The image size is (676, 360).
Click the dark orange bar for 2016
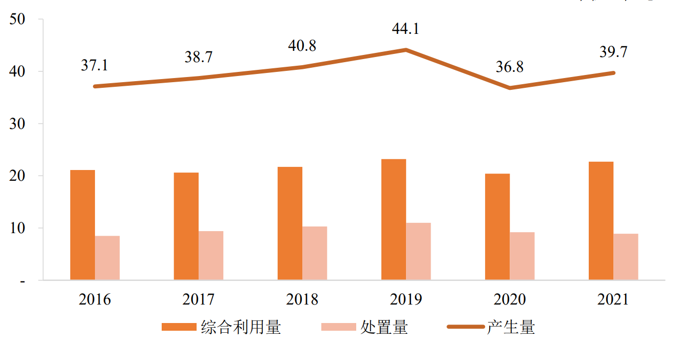tap(83, 225)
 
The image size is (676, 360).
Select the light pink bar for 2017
tap(211, 255)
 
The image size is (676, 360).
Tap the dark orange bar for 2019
tap(394, 219)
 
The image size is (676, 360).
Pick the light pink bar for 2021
tap(626, 257)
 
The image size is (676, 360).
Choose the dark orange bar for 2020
tap(497, 226)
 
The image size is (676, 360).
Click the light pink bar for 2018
tap(315, 253)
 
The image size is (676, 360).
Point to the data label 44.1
tap(405, 29)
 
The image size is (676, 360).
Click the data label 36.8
tap(509, 67)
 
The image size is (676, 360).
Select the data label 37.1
tap(94, 65)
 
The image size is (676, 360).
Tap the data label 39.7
tap(613, 52)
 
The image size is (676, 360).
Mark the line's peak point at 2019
tap(405, 50)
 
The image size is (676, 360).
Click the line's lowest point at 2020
tap(510, 88)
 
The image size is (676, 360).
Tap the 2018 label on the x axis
tap(302, 299)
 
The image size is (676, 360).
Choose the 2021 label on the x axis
tap(613, 299)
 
